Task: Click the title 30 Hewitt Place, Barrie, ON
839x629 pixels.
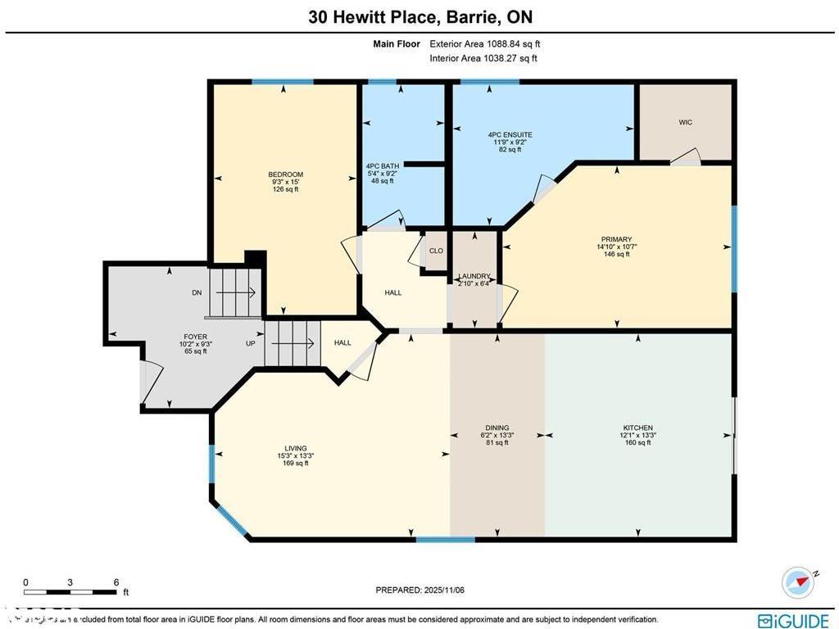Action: (x=419, y=16)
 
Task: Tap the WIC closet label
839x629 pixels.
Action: (x=685, y=122)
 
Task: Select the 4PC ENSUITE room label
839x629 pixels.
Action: (x=510, y=134)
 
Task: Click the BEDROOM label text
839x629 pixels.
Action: (x=285, y=174)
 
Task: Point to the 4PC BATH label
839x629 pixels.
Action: (x=382, y=166)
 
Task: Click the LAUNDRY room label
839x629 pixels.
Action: (x=474, y=277)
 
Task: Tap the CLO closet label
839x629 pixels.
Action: (x=436, y=251)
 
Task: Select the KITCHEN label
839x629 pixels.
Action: (x=637, y=428)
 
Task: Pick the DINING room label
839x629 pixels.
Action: (x=497, y=428)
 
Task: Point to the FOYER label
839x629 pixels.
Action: (x=195, y=337)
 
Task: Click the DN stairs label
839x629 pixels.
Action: (x=197, y=292)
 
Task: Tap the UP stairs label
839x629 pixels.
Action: (x=251, y=343)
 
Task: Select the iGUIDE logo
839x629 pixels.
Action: (x=793, y=620)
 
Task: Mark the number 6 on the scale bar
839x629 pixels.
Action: (x=116, y=582)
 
